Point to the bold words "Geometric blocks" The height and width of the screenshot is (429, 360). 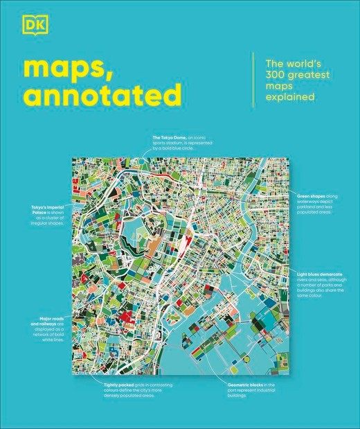coord(244,383)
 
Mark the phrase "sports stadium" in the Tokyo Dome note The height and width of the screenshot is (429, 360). coord(168,143)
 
